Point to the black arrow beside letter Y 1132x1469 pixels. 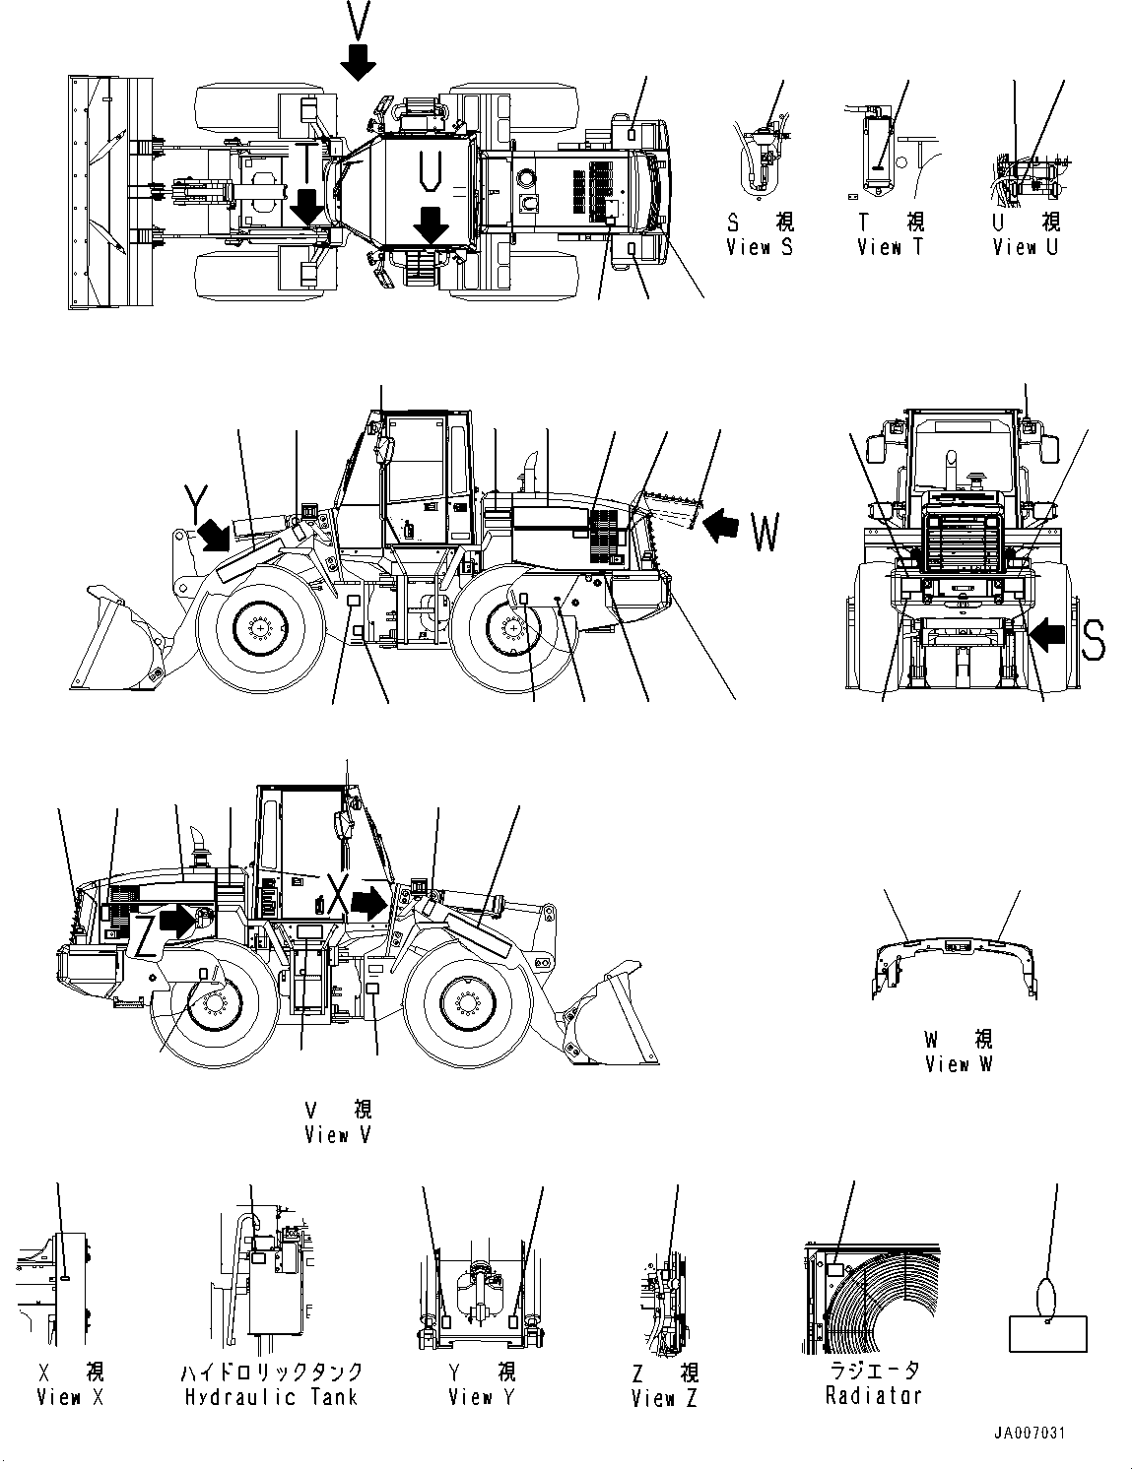216,536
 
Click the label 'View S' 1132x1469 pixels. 760,247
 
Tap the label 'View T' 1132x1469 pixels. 891,247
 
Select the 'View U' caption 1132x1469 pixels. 1025,247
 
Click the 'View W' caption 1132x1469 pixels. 960,1064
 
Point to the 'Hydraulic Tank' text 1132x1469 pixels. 271,1396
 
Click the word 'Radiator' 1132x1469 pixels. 875,1395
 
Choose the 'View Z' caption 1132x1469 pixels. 664,1397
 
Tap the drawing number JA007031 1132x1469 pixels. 1032,1435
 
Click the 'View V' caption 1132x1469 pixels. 338,1135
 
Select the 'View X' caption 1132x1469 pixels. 70,1396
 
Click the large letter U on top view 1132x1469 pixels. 427,172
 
